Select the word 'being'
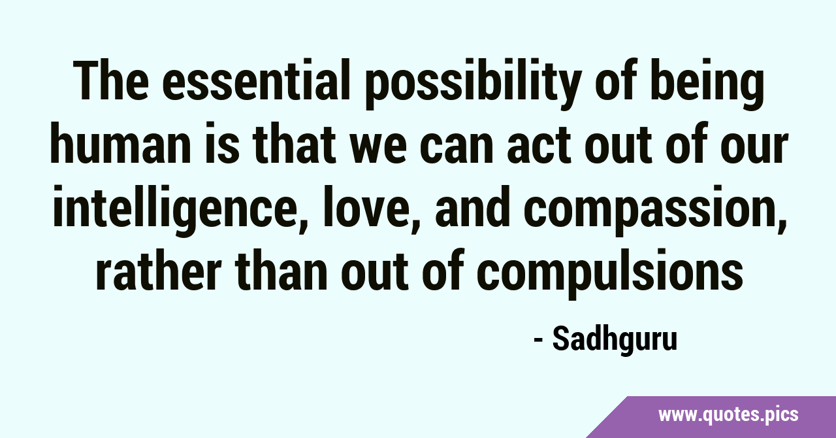(707, 84)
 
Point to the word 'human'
(121, 143)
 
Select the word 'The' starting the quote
(111, 80)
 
